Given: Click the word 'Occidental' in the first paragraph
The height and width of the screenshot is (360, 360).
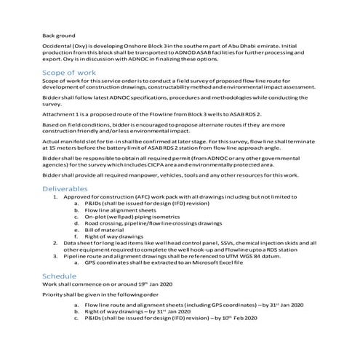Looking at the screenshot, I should (57, 46).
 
